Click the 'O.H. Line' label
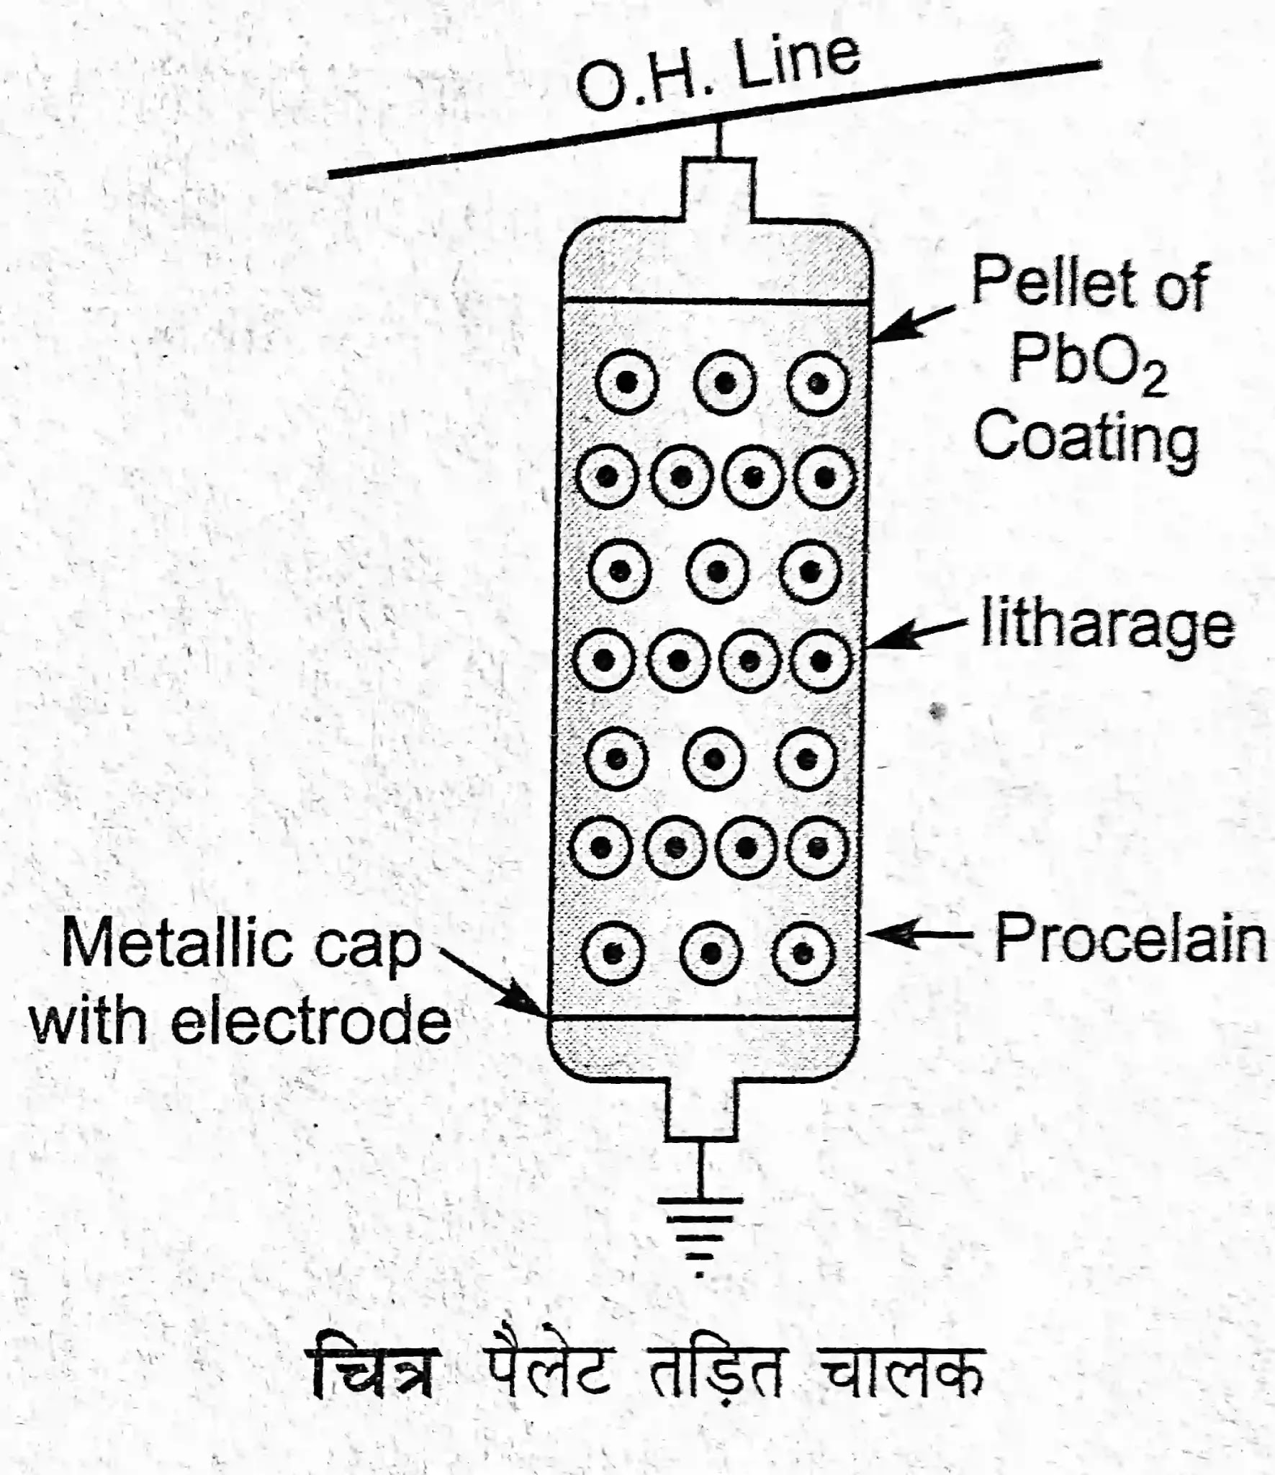click(718, 72)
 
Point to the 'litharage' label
click(1107, 625)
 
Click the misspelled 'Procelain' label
click(1130, 939)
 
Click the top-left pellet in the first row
click(627, 382)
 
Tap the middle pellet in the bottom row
click(711, 953)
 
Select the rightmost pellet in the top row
click(817, 382)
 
